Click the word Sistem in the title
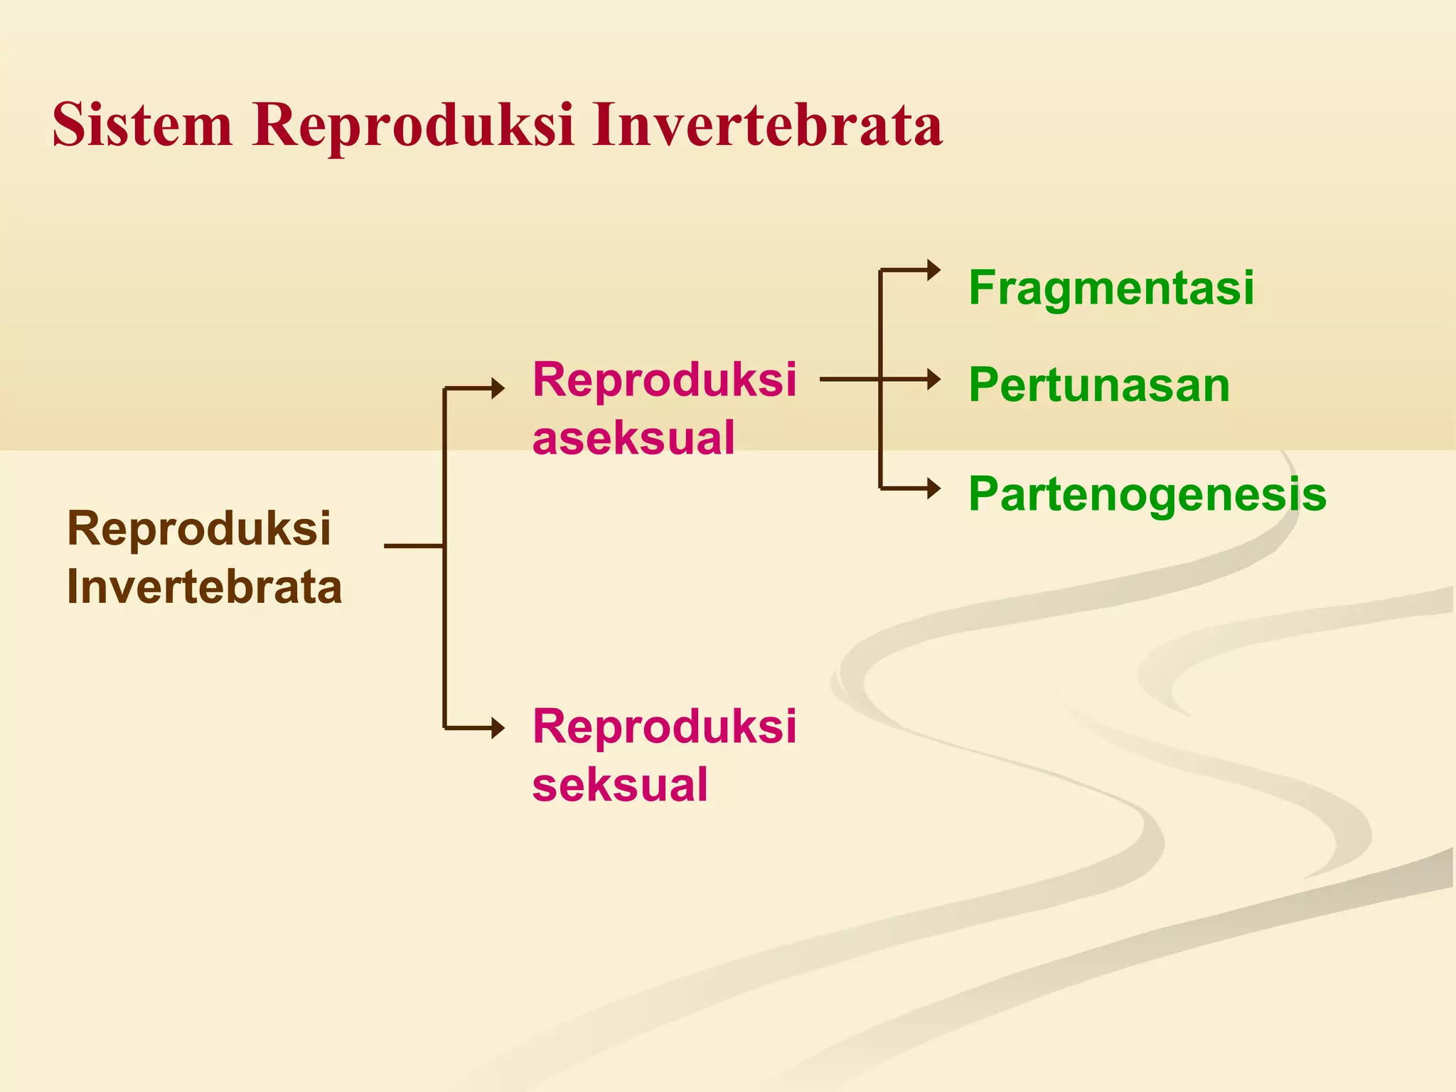pyautogui.click(x=142, y=125)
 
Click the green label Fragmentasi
pyautogui.click(x=1111, y=288)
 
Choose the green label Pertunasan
pyautogui.click(x=1099, y=385)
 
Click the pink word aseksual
pyautogui.click(x=633, y=437)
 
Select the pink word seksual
pyautogui.click(x=620, y=784)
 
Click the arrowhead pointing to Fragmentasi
pyautogui.click(x=933, y=270)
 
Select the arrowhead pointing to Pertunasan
pyautogui.click(x=933, y=379)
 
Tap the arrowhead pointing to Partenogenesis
pyautogui.click(x=933, y=488)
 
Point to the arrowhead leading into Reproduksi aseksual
pyautogui.click(x=498, y=388)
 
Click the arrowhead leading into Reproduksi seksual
pyautogui.click(x=498, y=728)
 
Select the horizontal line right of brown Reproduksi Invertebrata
pyautogui.click(x=413, y=546)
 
